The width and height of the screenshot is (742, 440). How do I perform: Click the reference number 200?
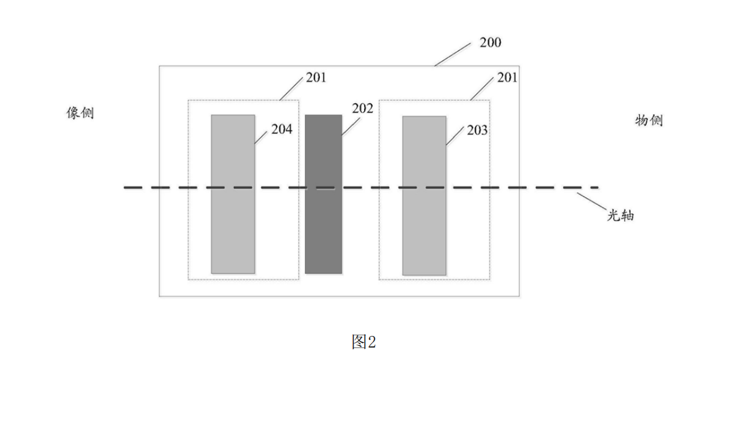tap(490, 42)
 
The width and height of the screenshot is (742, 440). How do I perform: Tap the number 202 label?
tap(362, 108)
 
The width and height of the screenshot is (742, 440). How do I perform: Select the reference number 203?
tap(477, 130)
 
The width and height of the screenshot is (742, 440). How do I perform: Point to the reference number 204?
tap(282, 129)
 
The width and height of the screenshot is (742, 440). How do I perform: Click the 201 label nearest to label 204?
tap(316, 77)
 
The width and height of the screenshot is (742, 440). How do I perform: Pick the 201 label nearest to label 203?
tap(508, 77)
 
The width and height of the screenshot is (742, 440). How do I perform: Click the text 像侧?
tap(80, 113)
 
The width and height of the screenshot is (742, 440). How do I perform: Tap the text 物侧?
tap(648, 120)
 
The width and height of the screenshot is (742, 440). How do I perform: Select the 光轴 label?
tap(620, 215)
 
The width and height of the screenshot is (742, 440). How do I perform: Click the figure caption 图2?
tap(364, 342)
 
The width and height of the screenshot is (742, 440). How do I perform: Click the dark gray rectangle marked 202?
tap(323, 194)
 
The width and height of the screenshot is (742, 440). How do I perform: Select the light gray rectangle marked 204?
tap(233, 194)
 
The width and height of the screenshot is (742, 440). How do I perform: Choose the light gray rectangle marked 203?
tap(424, 196)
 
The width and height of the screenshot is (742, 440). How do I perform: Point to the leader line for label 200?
tap(453, 54)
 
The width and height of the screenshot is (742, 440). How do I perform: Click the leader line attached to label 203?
tap(455, 136)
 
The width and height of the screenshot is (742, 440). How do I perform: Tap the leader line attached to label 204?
tap(261, 136)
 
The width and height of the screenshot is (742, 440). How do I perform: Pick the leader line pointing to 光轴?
tap(592, 201)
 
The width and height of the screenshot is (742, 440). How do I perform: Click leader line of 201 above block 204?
tap(291, 89)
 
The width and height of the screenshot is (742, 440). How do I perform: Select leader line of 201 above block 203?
tap(482, 89)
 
